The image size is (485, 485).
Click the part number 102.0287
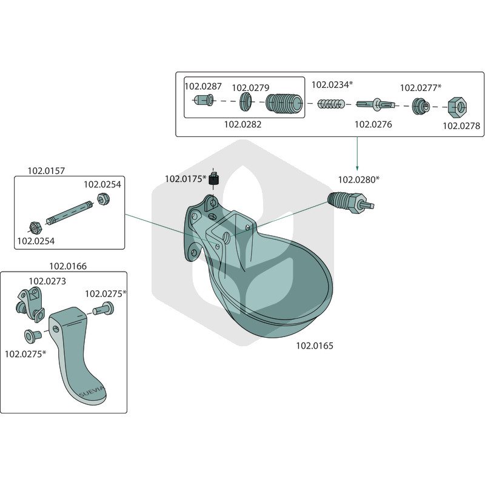[x=203, y=86]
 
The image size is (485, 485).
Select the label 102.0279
[x=250, y=88]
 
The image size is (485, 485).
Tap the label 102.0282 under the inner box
[x=243, y=124]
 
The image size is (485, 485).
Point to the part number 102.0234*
[x=332, y=85]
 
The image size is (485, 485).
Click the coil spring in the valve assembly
[x=330, y=104]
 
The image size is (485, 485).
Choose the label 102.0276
[x=373, y=124]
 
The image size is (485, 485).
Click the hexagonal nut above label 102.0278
[x=458, y=107]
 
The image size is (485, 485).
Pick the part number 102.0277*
[x=421, y=88]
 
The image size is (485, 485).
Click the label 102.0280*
[x=358, y=179]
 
